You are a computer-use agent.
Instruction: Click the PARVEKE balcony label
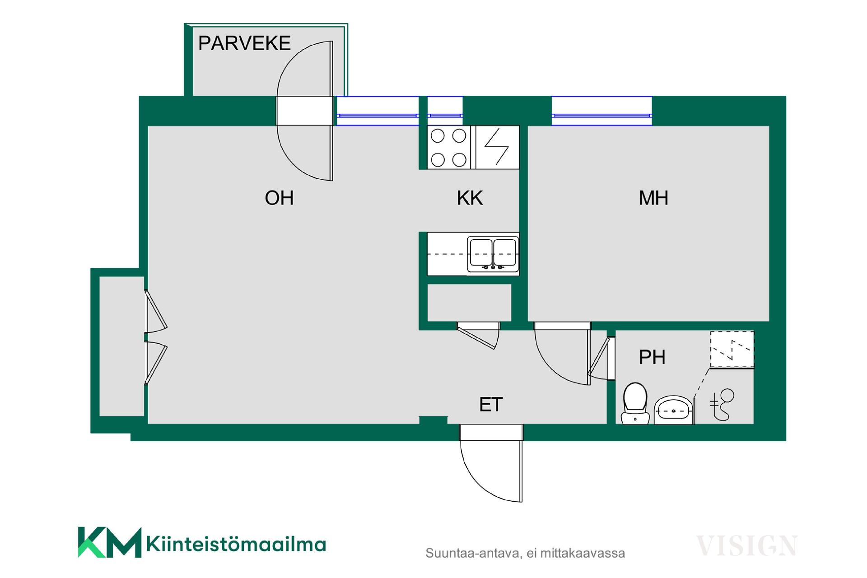(244, 43)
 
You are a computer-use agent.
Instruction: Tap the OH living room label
(279, 198)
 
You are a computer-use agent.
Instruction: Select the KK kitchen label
(470, 198)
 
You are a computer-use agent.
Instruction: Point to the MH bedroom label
(653, 198)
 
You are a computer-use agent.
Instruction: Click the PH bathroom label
(652, 358)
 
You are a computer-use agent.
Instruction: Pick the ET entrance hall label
(491, 405)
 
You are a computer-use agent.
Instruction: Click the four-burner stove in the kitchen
(448, 147)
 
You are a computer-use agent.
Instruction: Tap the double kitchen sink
(493, 254)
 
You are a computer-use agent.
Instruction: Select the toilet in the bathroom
(635, 403)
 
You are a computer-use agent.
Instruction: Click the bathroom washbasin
(673, 410)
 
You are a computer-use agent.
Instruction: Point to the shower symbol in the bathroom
(723, 403)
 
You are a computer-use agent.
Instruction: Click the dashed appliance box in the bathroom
(732, 350)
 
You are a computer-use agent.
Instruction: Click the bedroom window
(601, 112)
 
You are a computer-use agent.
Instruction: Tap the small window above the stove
(445, 112)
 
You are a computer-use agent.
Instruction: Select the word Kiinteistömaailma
(236, 544)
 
